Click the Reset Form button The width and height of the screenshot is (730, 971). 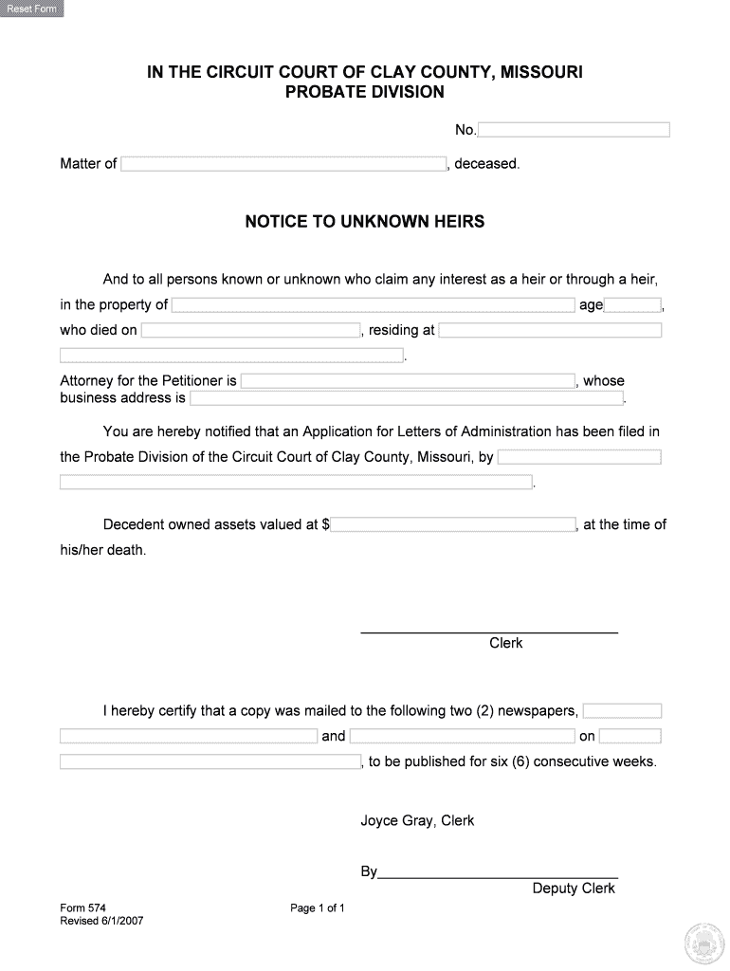click(32, 9)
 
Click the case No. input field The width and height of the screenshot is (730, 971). click(574, 130)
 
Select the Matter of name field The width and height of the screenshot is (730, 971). click(284, 164)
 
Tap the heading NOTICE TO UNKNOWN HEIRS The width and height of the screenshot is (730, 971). click(365, 222)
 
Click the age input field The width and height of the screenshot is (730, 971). click(632, 305)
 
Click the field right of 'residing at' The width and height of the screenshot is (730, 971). click(550, 331)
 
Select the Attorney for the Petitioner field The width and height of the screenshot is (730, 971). click(408, 381)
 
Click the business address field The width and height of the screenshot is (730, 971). click(407, 398)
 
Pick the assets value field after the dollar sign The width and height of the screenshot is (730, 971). click(453, 524)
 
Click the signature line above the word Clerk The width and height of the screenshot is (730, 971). click(489, 632)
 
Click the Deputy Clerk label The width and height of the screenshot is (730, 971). click(574, 889)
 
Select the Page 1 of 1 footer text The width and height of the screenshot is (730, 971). click(318, 908)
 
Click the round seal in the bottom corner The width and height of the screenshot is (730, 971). click(703, 942)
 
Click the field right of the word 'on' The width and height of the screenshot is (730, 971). click(630, 737)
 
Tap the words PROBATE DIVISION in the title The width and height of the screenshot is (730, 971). click(365, 92)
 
